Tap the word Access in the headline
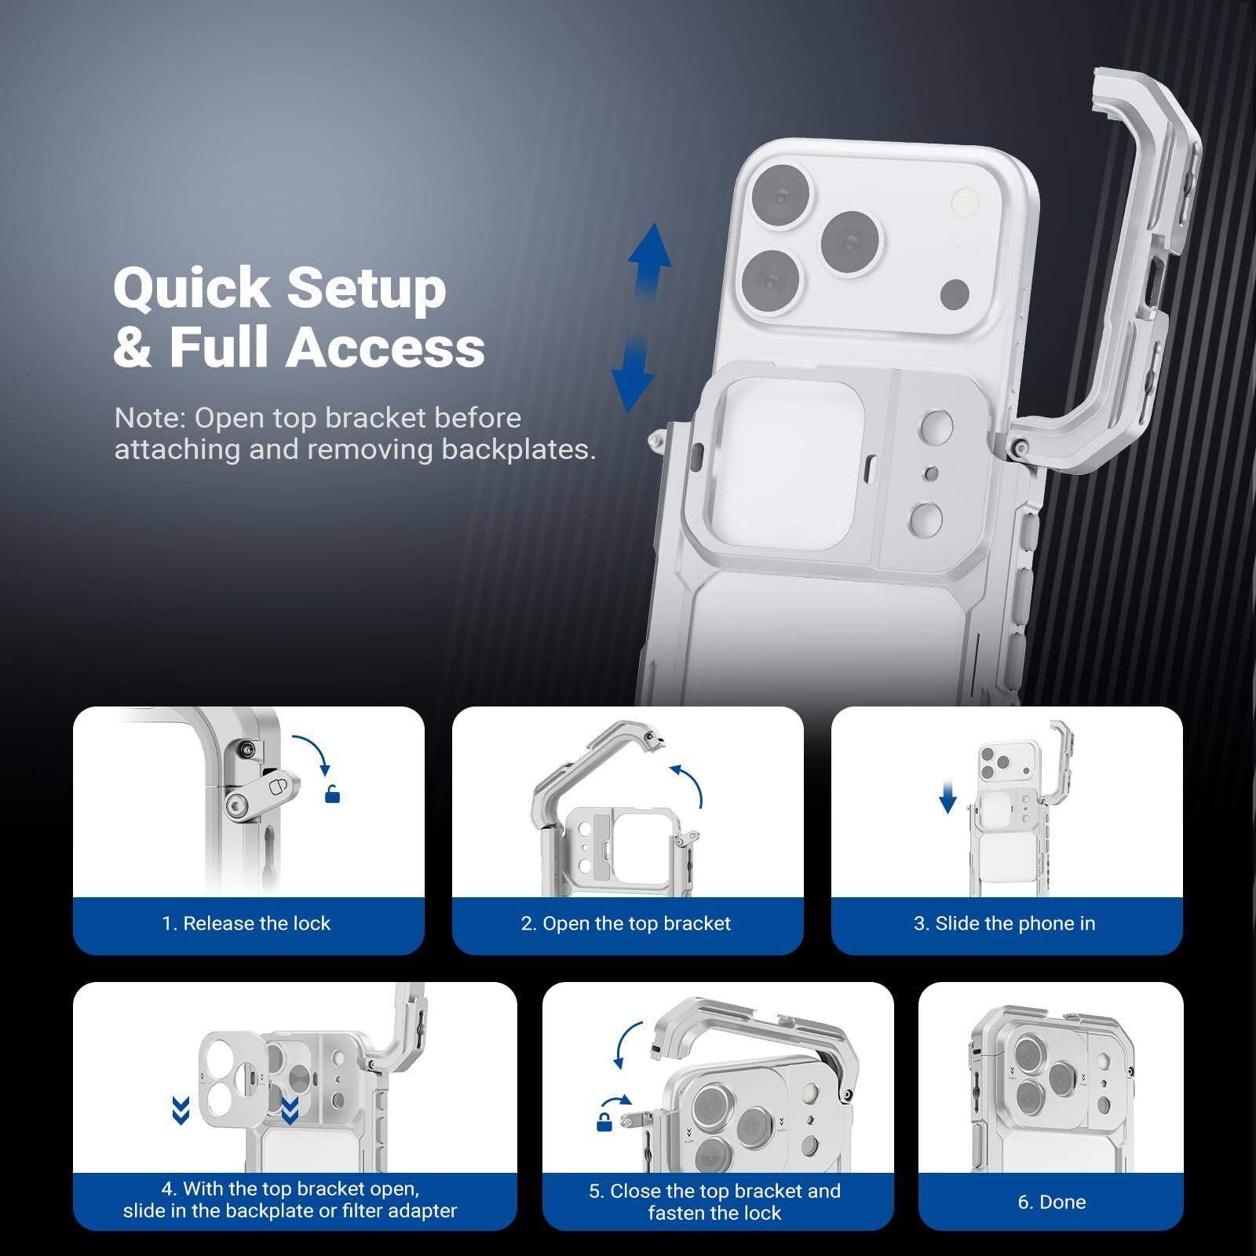point(385,348)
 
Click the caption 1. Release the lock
point(246,923)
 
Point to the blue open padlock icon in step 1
point(333,795)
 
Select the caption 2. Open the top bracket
point(626,923)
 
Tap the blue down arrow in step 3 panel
point(947,799)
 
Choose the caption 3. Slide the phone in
point(1004,923)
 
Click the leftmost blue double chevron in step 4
point(181,1111)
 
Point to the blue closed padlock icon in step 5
point(604,1123)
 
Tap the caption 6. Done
point(1051,1202)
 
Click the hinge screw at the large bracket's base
point(1017,447)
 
